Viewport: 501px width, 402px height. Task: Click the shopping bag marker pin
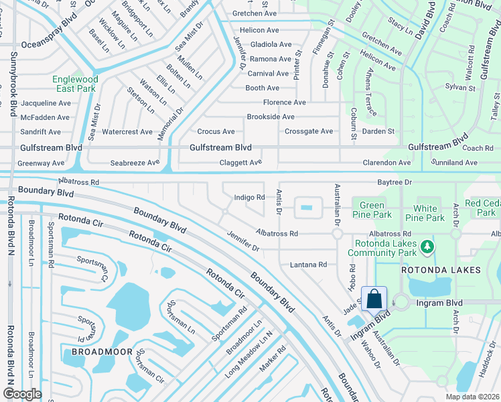point(374,299)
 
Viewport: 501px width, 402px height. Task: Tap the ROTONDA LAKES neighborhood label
point(441,270)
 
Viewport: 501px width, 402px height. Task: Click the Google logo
point(23,393)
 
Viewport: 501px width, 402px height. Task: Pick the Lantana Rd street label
point(308,265)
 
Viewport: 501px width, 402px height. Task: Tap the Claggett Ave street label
point(240,163)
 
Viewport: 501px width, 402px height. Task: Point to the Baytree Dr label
point(394,182)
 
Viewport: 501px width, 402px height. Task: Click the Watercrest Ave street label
point(127,132)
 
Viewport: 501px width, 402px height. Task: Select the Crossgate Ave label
point(308,131)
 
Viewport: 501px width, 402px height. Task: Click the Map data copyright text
point(474,397)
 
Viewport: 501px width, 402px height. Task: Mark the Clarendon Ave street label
point(386,163)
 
